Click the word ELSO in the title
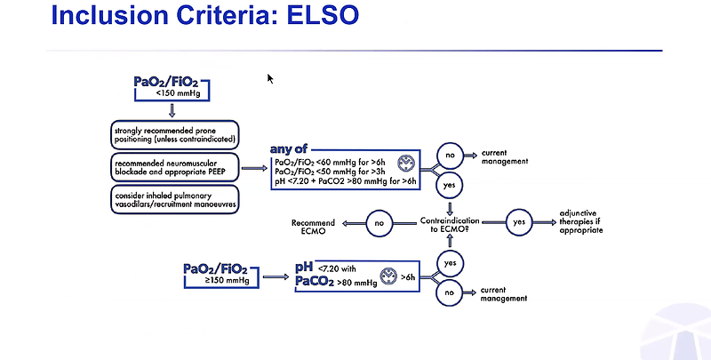323,14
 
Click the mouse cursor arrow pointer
270,79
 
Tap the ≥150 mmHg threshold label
227,280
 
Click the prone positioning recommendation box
174,134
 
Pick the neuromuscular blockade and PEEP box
174,167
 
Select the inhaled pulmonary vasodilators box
174,199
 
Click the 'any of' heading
288,148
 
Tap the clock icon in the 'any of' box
406,163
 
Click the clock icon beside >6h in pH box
388,276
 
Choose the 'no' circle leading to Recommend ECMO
379,223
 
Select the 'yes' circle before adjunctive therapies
519,222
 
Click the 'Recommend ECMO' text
313,227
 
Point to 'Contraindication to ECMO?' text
450,224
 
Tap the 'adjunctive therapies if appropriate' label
581,221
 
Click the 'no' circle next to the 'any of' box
450,156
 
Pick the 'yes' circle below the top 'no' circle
450,185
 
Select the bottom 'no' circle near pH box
449,293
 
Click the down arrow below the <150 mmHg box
172,110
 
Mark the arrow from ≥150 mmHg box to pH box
276,276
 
